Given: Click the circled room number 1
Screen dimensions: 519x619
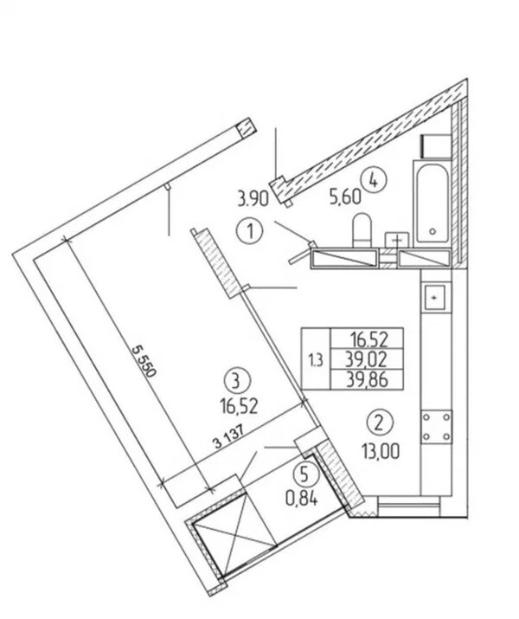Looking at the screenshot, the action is (250, 231).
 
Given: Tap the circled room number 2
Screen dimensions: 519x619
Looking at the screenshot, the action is (379, 423).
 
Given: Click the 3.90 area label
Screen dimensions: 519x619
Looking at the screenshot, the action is (253, 198).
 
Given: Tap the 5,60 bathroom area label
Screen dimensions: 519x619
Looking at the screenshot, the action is (345, 197).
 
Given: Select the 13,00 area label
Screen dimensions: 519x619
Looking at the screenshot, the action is (381, 451).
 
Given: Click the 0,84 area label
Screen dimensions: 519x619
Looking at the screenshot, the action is (302, 500).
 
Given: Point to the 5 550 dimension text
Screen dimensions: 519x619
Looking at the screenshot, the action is (144, 361).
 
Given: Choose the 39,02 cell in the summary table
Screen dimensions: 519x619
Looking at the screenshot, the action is (367, 359).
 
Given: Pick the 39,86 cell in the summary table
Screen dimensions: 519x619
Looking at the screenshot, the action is (367, 380).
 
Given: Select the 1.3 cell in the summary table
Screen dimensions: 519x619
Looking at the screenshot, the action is (316, 359).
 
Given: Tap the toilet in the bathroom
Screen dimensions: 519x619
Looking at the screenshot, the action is (362, 230).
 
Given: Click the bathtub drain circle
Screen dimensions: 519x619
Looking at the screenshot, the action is (433, 232).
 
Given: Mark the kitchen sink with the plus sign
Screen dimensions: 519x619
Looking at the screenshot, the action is (434, 298).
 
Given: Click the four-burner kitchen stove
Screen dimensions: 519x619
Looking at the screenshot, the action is (436, 426).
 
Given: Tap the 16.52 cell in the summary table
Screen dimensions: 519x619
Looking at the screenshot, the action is (367, 339).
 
